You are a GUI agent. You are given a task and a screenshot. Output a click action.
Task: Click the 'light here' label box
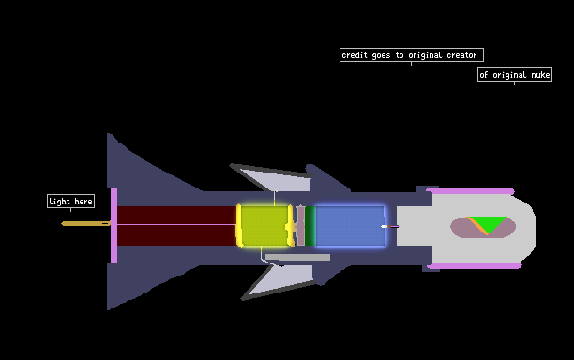coord(70,202)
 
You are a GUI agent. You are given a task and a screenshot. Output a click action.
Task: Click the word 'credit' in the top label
coord(355,55)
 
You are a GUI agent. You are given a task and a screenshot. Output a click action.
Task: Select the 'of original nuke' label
coord(515,75)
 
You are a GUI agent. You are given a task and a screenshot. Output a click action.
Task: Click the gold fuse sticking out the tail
coord(85,223)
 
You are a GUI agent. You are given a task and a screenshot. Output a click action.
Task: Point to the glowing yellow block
coord(264,226)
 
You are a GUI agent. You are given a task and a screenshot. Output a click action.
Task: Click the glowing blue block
coord(350,226)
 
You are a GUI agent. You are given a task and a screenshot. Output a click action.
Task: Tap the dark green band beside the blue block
coord(310,226)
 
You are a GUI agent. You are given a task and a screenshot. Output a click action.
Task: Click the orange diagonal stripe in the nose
coord(477,226)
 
